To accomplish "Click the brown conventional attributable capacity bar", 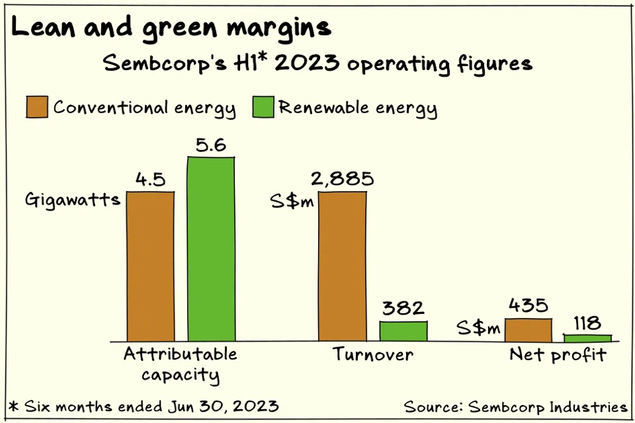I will [150, 266].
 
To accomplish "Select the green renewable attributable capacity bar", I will [211, 249].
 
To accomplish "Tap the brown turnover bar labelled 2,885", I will [342, 266].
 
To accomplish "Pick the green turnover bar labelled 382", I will [403, 331].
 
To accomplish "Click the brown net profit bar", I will [528, 330].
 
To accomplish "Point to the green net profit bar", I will [587, 338].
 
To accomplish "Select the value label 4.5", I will [150, 180].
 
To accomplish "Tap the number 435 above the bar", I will [528, 306].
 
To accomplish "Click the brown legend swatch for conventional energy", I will [37, 107].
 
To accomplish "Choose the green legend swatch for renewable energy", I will [263, 107].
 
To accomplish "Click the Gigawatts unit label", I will [73, 200].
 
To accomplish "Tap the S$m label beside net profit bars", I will [478, 328].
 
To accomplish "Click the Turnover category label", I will [372, 355].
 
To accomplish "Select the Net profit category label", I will [558, 355].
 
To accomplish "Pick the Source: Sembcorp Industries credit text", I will [515, 406].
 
